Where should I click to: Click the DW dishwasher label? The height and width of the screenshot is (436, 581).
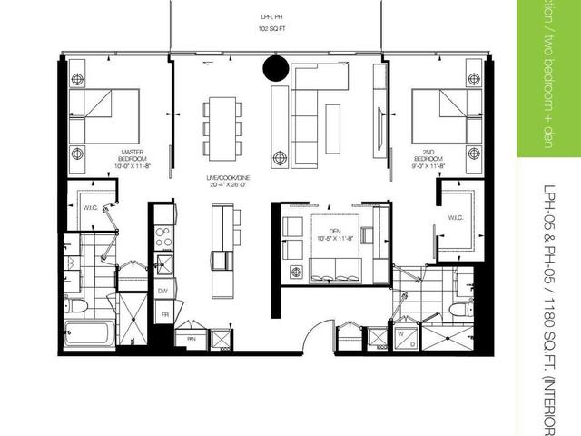click(x=163, y=291)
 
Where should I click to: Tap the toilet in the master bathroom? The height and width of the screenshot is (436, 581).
click(x=78, y=304)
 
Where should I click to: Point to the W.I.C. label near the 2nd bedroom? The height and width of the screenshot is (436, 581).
click(x=455, y=217)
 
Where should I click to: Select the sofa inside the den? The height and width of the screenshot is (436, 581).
click(x=335, y=270)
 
